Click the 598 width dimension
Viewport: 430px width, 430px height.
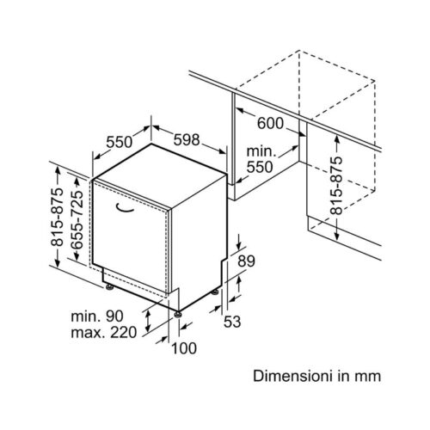187,139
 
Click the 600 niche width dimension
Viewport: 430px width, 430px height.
270,123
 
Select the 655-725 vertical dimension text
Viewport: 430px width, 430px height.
77,220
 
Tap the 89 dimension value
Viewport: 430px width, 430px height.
247,261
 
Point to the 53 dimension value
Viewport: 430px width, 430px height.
232,322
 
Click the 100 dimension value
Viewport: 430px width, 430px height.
184,348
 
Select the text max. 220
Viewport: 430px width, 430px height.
104,333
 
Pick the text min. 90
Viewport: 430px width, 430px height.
97,316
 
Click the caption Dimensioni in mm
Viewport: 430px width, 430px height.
317,376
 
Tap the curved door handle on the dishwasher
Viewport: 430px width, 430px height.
125,208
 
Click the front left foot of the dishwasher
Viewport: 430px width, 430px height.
109,286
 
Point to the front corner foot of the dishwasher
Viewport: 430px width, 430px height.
178,314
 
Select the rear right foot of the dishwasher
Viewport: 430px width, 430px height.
215,292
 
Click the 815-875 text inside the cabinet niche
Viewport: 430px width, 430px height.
336,186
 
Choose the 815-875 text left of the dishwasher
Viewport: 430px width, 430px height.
57,217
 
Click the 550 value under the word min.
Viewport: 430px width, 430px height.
260,167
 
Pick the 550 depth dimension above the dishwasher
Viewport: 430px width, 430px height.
120,142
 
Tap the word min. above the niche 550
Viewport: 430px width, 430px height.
261,151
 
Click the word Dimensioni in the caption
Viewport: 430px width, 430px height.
292,376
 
